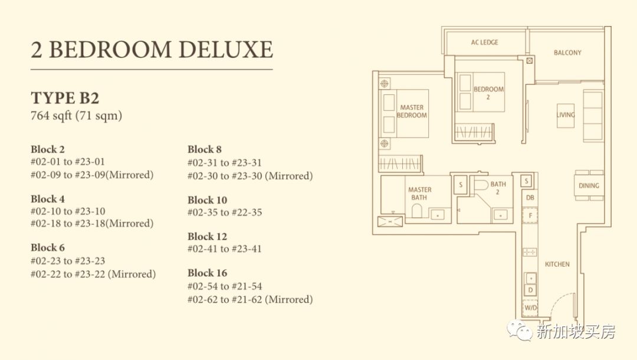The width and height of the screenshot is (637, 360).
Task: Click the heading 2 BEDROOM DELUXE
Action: [152, 50]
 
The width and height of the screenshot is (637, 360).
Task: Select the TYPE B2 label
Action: [65, 98]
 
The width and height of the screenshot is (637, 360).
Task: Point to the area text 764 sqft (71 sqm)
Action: [76, 116]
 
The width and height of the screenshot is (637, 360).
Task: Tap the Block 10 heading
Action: [207, 200]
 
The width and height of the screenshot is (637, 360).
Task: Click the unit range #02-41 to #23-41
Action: [225, 248]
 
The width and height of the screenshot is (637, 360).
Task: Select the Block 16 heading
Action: [207, 273]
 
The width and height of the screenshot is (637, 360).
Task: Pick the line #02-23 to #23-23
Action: [68, 260]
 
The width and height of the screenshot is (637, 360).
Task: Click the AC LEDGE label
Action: [484, 42]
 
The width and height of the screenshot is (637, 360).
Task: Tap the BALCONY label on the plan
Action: [567, 53]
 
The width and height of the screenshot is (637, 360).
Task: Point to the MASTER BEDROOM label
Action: [412, 112]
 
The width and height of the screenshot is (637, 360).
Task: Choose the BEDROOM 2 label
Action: [488, 93]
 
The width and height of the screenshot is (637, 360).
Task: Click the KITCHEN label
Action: [557, 264]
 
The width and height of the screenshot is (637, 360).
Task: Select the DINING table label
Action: [589, 186]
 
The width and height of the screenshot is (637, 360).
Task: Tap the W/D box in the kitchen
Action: [530, 307]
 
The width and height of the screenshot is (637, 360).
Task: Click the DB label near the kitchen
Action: [530, 198]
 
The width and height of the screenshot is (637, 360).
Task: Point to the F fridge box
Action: [530, 215]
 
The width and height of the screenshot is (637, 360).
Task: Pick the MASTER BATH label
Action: [420, 194]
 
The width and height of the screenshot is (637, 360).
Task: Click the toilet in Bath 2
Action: [481, 185]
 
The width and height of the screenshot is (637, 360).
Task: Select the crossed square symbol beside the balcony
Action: [529, 61]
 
